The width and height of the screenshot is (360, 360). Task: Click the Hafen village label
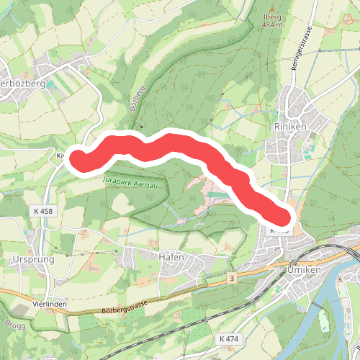171,257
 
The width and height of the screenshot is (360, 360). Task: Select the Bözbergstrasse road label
135,309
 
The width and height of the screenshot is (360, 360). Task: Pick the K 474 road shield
228,338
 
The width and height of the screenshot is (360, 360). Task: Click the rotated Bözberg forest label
138,97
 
